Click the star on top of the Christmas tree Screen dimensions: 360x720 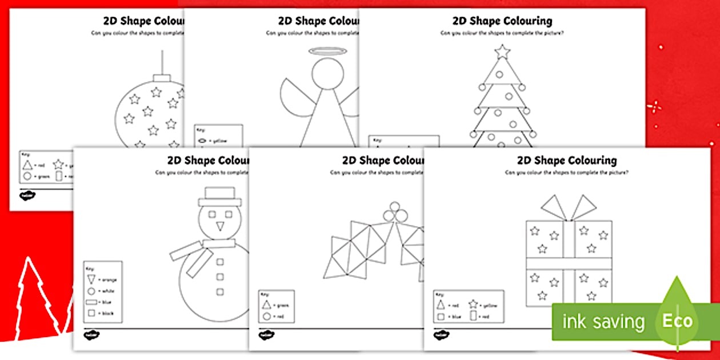[502, 51]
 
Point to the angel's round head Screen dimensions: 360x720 [327, 74]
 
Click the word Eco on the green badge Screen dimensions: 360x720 [677, 321]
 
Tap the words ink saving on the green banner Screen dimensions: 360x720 [603, 322]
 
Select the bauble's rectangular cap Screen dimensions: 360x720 [163, 78]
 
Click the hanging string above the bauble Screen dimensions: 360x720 [163, 62]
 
